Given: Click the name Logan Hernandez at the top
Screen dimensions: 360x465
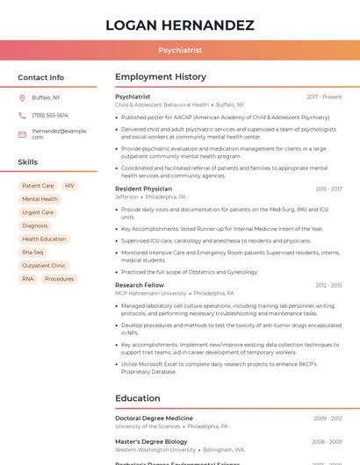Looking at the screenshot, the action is [x=180, y=25].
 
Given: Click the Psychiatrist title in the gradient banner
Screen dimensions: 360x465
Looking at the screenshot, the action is [x=180, y=51].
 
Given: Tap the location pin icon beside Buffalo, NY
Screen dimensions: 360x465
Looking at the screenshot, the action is [x=22, y=97].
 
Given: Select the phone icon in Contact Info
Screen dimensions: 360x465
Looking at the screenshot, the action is [x=22, y=115].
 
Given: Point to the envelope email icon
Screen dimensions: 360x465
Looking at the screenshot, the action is [x=22, y=134].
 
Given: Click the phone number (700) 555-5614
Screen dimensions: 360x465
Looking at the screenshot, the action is [x=50, y=115].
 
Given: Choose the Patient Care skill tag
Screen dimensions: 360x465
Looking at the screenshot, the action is [x=38, y=186].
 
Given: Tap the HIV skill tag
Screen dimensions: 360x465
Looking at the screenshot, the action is [x=69, y=186].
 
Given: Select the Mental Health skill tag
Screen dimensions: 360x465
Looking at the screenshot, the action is [x=40, y=199].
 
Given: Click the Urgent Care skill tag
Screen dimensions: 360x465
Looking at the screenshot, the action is [x=38, y=212].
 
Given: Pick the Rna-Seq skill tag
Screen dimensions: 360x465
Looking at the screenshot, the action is [x=32, y=252].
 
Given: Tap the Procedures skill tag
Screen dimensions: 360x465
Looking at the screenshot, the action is [x=59, y=279].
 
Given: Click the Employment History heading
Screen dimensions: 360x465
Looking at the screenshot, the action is [x=161, y=77].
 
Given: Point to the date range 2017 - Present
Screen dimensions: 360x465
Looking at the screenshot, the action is [x=324, y=97].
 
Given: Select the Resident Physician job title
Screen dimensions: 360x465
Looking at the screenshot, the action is [x=143, y=189].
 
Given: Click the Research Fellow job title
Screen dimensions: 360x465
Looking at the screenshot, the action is [x=140, y=285].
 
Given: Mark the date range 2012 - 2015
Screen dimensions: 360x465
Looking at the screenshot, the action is [x=328, y=285].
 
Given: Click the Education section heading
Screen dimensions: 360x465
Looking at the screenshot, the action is [x=137, y=398].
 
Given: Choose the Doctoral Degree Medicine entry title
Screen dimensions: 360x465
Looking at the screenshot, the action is [x=154, y=418].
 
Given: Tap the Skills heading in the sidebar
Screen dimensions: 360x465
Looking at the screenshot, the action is [x=28, y=162].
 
